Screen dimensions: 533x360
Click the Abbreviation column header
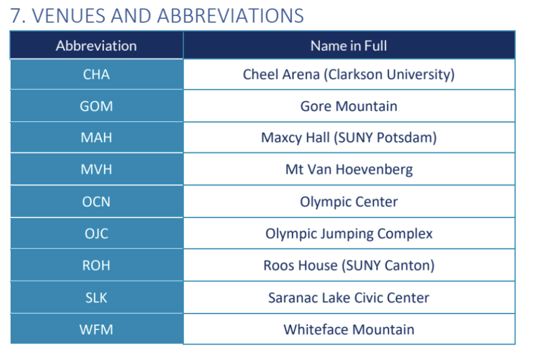pyautogui.click(x=96, y=46)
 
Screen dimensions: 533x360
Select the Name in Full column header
pyautogui.click(x=349, y=46)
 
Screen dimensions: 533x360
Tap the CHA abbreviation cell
pyautogui.click(x=96, y=74)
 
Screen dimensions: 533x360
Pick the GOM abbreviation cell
pyautogui.click(x=96, y=106)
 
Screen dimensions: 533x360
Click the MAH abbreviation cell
pyautogui.click(x=96, y=138)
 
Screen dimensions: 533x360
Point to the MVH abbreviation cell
pyautogui.click(x=96, y=169)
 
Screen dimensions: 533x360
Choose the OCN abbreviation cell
pyautogui.click(x=96, y=202)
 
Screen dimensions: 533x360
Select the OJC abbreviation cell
pyautogui.click(x=96, y=233)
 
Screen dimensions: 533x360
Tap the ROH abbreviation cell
pyautogui.click(x=96, y=265)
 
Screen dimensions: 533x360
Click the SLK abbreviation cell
pyautogui.click(x=96, y=298)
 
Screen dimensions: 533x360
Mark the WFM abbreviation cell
pyautogui.click(x=96, y=329)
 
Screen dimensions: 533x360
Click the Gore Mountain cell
pyautogui.click(x=349, y=106)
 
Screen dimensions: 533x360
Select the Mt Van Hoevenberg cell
pyautogui.click(x=349, y=169)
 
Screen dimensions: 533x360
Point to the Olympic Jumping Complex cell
pyautogui.click(x=349, y=233)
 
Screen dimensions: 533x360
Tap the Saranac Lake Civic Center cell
pyautogui.click(x=349, y=298)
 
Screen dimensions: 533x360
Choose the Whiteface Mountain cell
pyautogui.click(x=349, y=329)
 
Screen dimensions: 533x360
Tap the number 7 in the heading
pyautogui.click(x=16, y=16)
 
